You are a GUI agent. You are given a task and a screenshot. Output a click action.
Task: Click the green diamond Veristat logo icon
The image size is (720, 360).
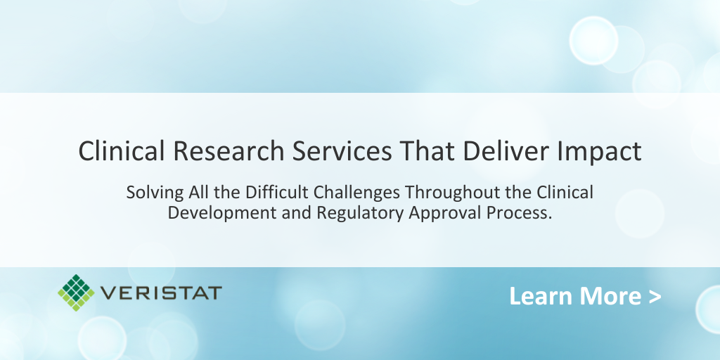point(76,292)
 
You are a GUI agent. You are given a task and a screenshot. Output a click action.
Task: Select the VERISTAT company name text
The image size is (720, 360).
point(161,292)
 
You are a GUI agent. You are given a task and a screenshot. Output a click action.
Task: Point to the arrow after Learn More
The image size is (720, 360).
point(655,297)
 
